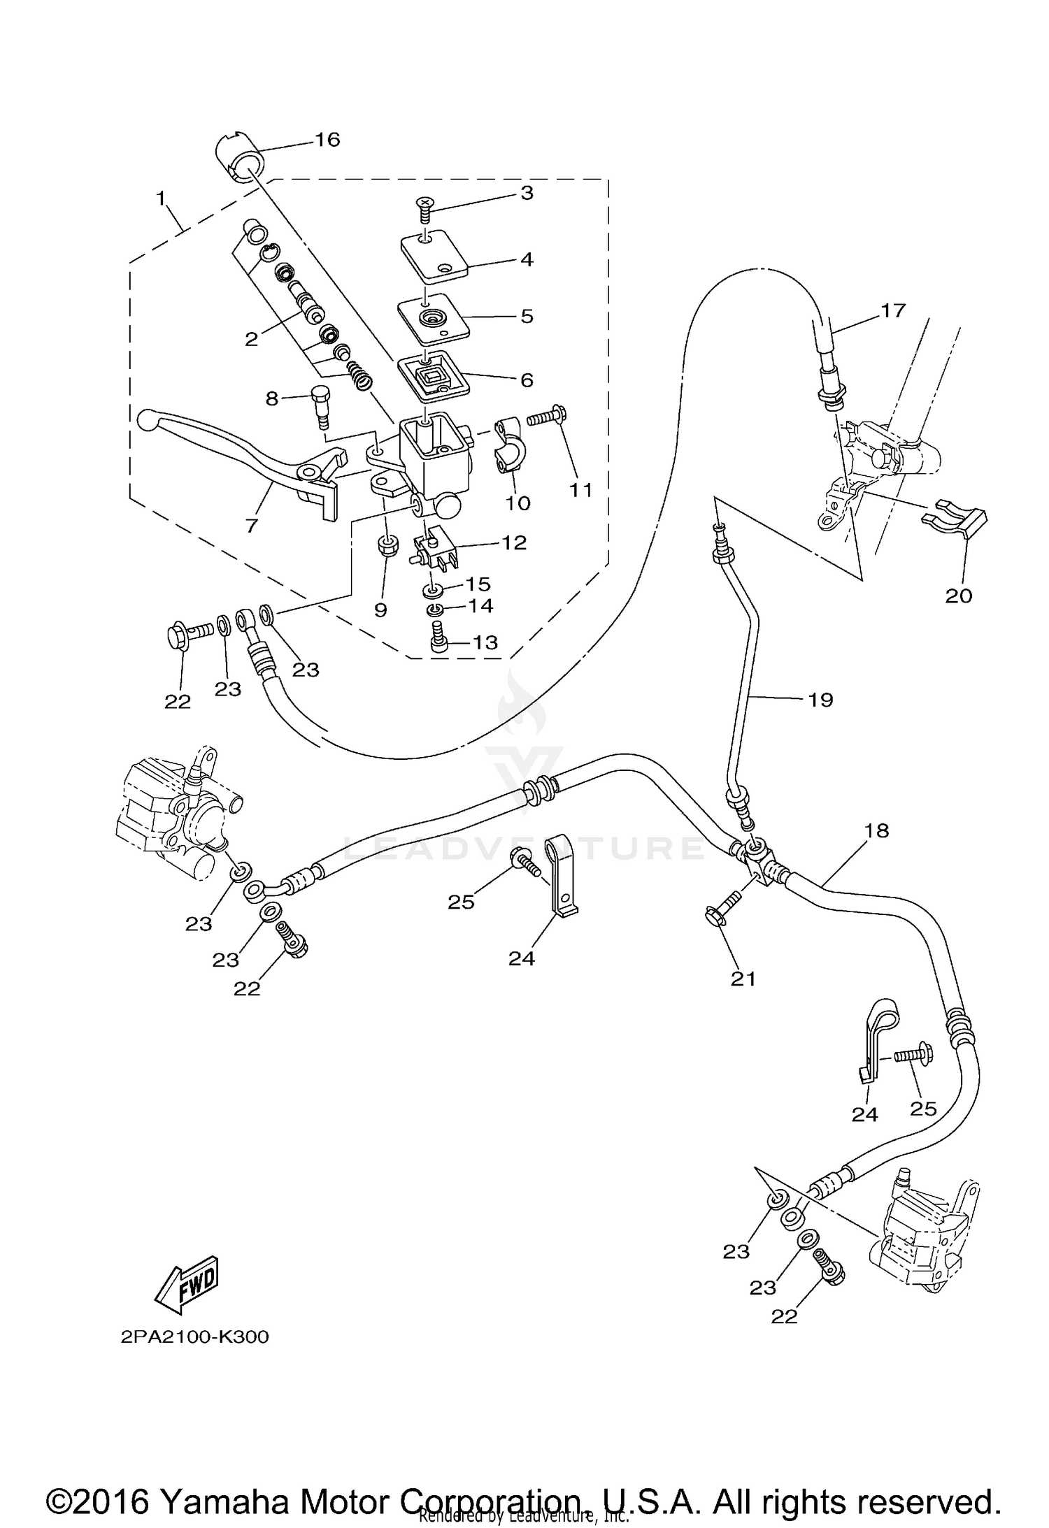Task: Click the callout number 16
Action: click(327, 140)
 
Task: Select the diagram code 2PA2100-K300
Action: click(194, 1337)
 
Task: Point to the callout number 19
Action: click(820, 699)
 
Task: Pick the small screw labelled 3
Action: click(424, 205)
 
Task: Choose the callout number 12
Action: click(514, 542)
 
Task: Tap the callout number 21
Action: click(743, 979)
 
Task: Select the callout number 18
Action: click(876, 830)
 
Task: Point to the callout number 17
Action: click(893, 310)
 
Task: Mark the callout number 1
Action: click(162, 199)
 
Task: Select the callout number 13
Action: click(485, 642)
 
